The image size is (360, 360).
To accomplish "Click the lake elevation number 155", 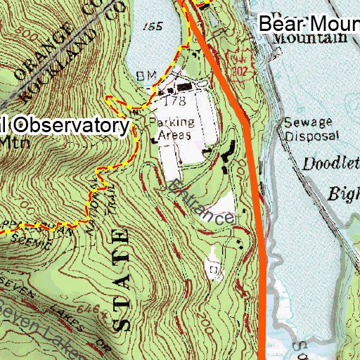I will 147,26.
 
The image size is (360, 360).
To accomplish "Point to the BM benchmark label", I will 146,75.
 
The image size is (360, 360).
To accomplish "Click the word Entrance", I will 201,203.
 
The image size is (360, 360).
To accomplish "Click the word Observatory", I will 70,126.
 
